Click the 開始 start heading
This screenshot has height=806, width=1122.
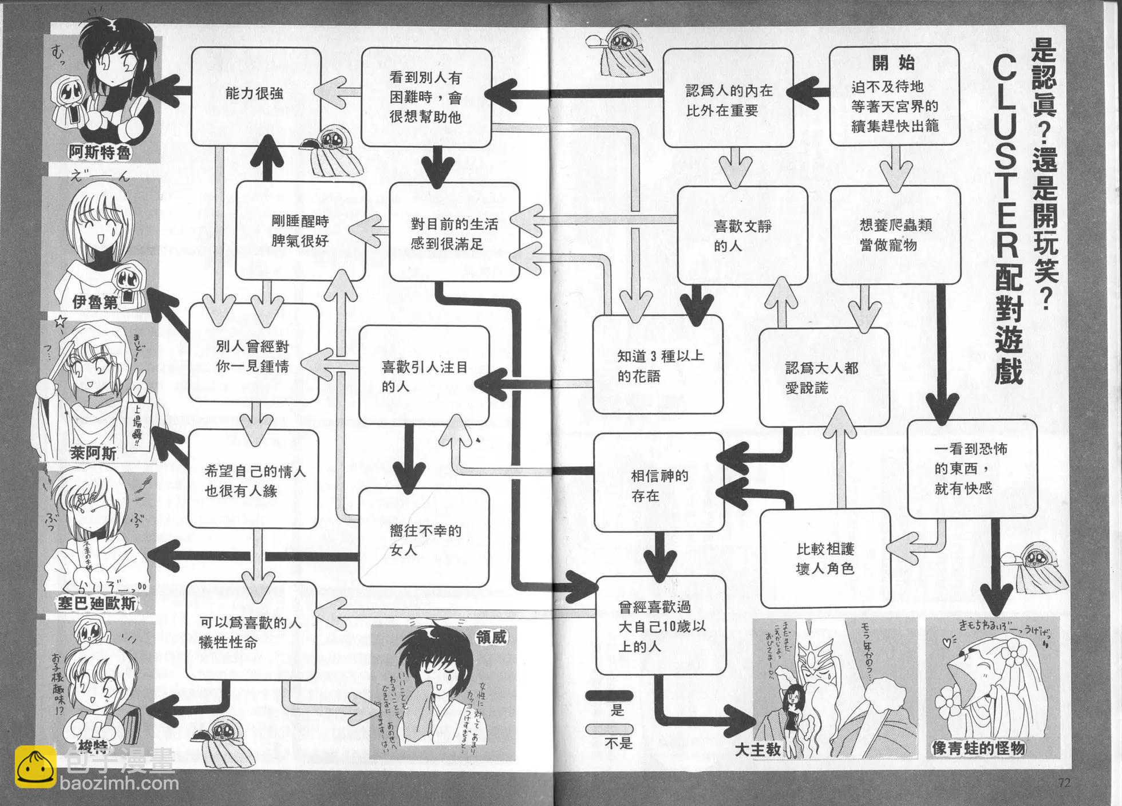(x=894, y=62)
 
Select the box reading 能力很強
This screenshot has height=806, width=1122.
(x=255, y=95)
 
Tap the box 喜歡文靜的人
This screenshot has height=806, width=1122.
(x=742, y=235)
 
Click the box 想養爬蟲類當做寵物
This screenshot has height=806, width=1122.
(x=895, y=235)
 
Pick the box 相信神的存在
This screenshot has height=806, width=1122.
(x=658, y=485)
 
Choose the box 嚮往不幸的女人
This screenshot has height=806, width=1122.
(x=424, y=540)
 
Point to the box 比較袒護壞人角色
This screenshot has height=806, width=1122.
(x=825, y=558)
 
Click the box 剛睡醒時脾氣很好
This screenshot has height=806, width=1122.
(x=301, y=231)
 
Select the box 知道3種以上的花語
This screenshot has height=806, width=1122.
(x=658, y=365)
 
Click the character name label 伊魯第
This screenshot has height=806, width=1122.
(x=95, y=302)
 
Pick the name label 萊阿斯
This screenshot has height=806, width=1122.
(x=93, y=453)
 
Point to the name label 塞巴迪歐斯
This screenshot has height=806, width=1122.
(x=97, y=603)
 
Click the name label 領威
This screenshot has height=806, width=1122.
(x=491, y=636)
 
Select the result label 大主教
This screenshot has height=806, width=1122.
(x=758, y=749)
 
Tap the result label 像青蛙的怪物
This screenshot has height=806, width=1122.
(x=978, y=748)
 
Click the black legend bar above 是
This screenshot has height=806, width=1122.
(x=609, y=696)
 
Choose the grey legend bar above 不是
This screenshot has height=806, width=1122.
(x=609, y=729)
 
